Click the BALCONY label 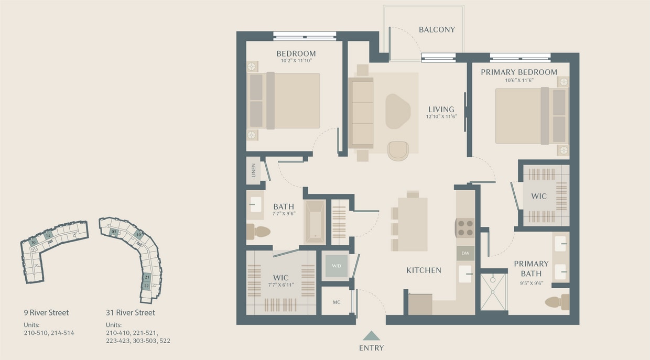tap(437, 30)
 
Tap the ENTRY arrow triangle tap(371, 336)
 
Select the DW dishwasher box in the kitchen tap(465, 254)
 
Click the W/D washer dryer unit tap(336, 266)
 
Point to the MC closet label tap(337, 302)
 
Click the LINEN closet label tap(254, 170)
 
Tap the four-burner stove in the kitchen tap(465, 228)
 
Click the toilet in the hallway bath tap(258, 231)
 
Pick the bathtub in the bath tap(315, 222)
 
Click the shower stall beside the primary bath tap(493, 292)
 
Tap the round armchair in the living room tap(398, 151)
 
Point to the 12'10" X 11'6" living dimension tap(441, 116)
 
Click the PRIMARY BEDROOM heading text tap(518, 72)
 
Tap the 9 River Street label tap(46, 313)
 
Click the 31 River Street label tap(130, 313)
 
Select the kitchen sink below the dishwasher tap(465, 273)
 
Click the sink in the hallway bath tap(255, 204)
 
